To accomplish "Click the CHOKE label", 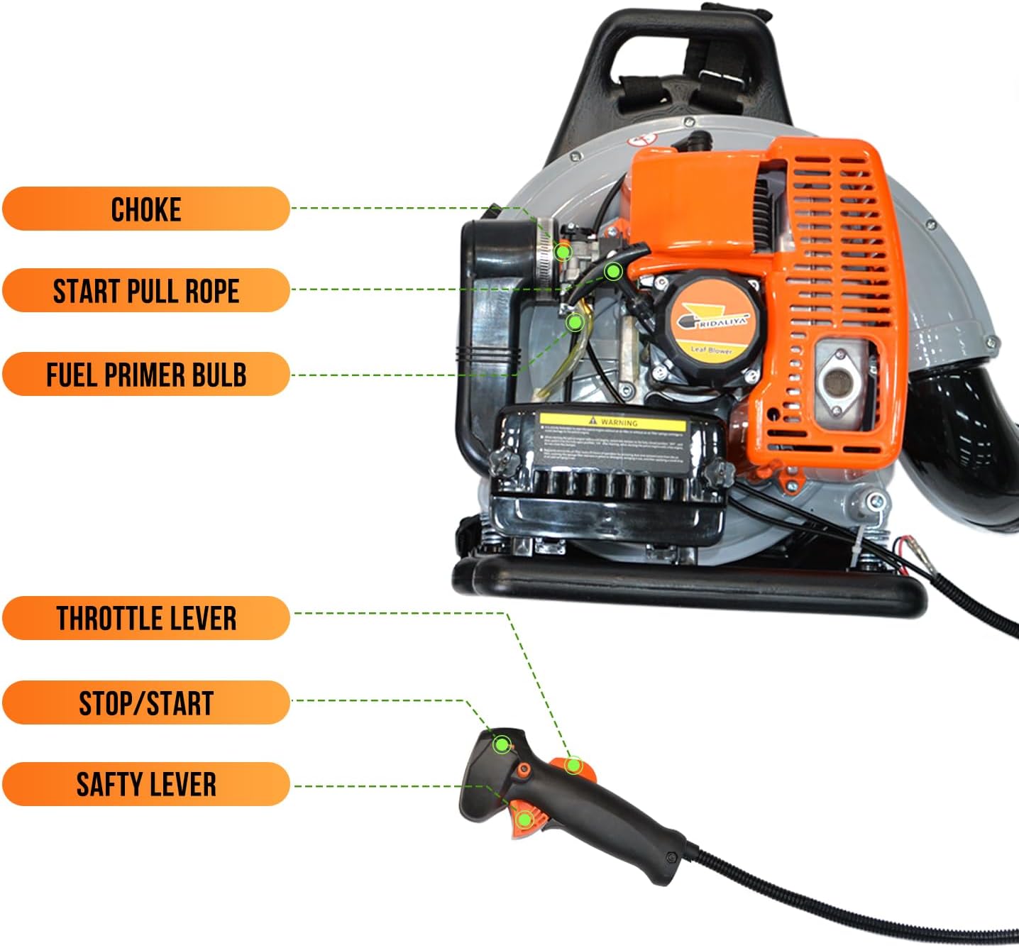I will (x=145, y=209).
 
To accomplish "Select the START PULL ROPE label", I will (x=145, y=290).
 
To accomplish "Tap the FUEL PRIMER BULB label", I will (x=145, y=374).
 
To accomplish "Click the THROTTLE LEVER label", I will (x=145, y=618).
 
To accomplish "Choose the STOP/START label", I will (x=145, y=702).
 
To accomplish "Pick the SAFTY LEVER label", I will (x=145, y=784).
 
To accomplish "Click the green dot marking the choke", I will (x=563, y=251).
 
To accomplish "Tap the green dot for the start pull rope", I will (x=613, y=271).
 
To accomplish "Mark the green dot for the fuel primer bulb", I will (x=575, y=322).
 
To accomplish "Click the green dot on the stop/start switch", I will (x=502, y=744).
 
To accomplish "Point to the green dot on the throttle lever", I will (x=573, y=765).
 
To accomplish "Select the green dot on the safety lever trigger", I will (x=524, y=820).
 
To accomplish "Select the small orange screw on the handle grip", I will (x=524, y=771).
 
